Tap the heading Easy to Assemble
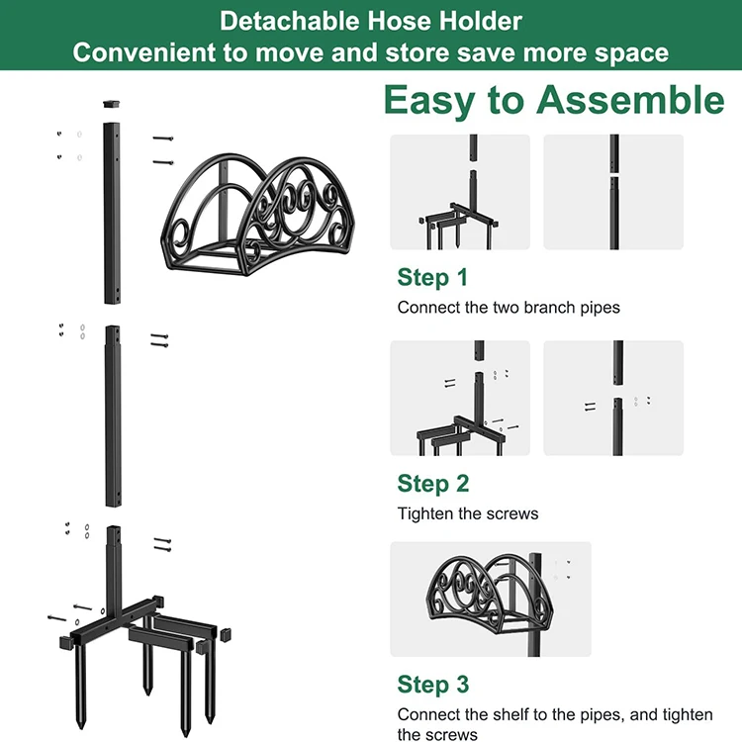[554, 101]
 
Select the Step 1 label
[432, 277]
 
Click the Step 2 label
[432, 483]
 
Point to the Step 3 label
[432, 685]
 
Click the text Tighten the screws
[468, 513]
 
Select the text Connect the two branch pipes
[509, 308]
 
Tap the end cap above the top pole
[112, 102]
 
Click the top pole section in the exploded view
[112, 213]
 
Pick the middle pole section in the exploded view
[112, 416]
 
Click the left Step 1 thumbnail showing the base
[459, 192]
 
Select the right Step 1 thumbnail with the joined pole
[613, 192]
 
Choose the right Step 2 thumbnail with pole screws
[613, 398]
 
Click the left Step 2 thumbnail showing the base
[459, 398]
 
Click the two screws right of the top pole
[163, 150]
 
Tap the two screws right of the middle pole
[160, 339]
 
